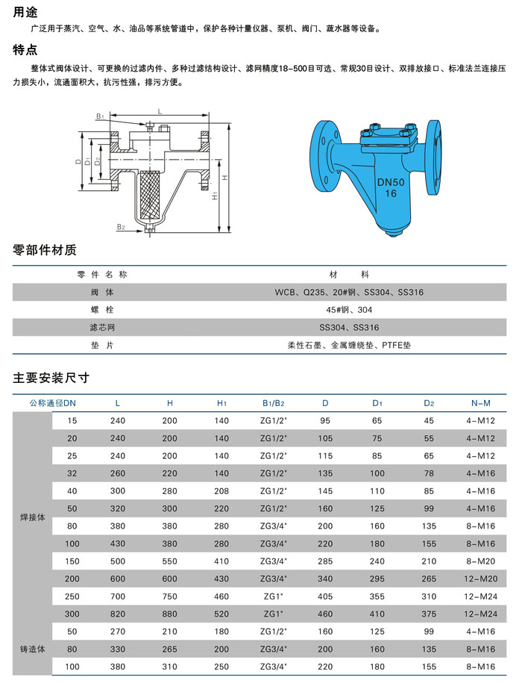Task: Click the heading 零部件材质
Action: pos(45,250)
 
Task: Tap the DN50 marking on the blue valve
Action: pos(391,181)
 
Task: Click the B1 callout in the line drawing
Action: pos(99,116)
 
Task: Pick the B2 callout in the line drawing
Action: pos(121,225)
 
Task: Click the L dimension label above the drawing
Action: pos(160,110)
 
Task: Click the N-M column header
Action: pos(480,403)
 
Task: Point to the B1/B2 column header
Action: pos(273,403)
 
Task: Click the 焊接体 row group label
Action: pos(32,517)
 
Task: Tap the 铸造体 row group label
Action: pos(32,649)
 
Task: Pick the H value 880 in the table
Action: pos(169,614)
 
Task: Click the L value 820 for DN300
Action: pos(117,614)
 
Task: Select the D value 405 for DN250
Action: pos(325,595)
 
